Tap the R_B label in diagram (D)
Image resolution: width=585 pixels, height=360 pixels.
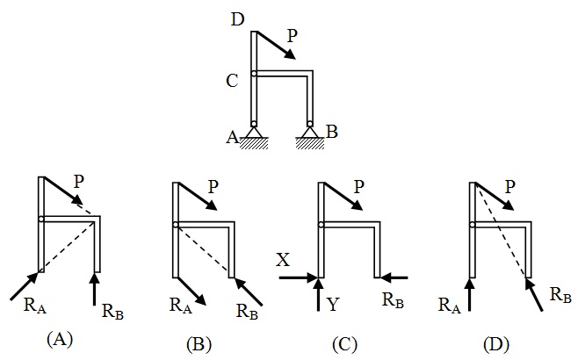click(560, 298)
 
